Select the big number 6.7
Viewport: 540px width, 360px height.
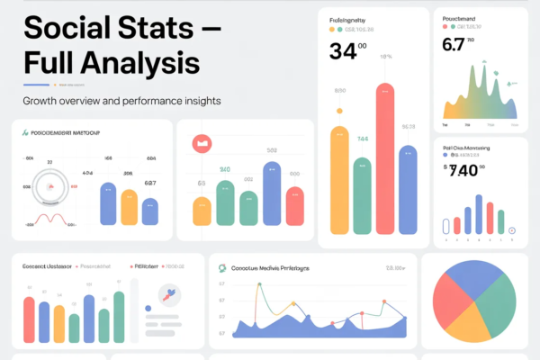coord(456,45)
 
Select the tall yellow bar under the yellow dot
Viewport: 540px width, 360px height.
coord(339,184)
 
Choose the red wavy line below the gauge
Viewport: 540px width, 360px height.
coord(49,219)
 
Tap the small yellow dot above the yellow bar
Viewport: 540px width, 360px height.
coord(339,112)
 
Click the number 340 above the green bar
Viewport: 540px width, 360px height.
coord(224,169)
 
